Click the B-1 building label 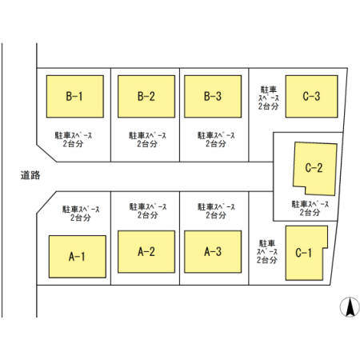[74, 96]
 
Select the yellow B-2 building [146, 96]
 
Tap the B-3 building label [213, 96]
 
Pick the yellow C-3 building [311, 96]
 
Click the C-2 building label [314, 168]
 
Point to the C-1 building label [303, 253]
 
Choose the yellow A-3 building [213, 251]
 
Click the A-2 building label [146, 251]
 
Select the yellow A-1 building [78, 257]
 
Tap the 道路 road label [30, 175]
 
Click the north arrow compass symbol [350, 306]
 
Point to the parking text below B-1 [74, 139]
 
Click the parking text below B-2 [147, 139]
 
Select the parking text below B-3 [216, 139]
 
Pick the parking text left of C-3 [269, 98]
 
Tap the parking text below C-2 [310, 208]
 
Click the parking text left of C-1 [267, 252]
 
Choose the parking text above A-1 [81, 214]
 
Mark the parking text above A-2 [148, 210]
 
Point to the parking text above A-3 [216, 210]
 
